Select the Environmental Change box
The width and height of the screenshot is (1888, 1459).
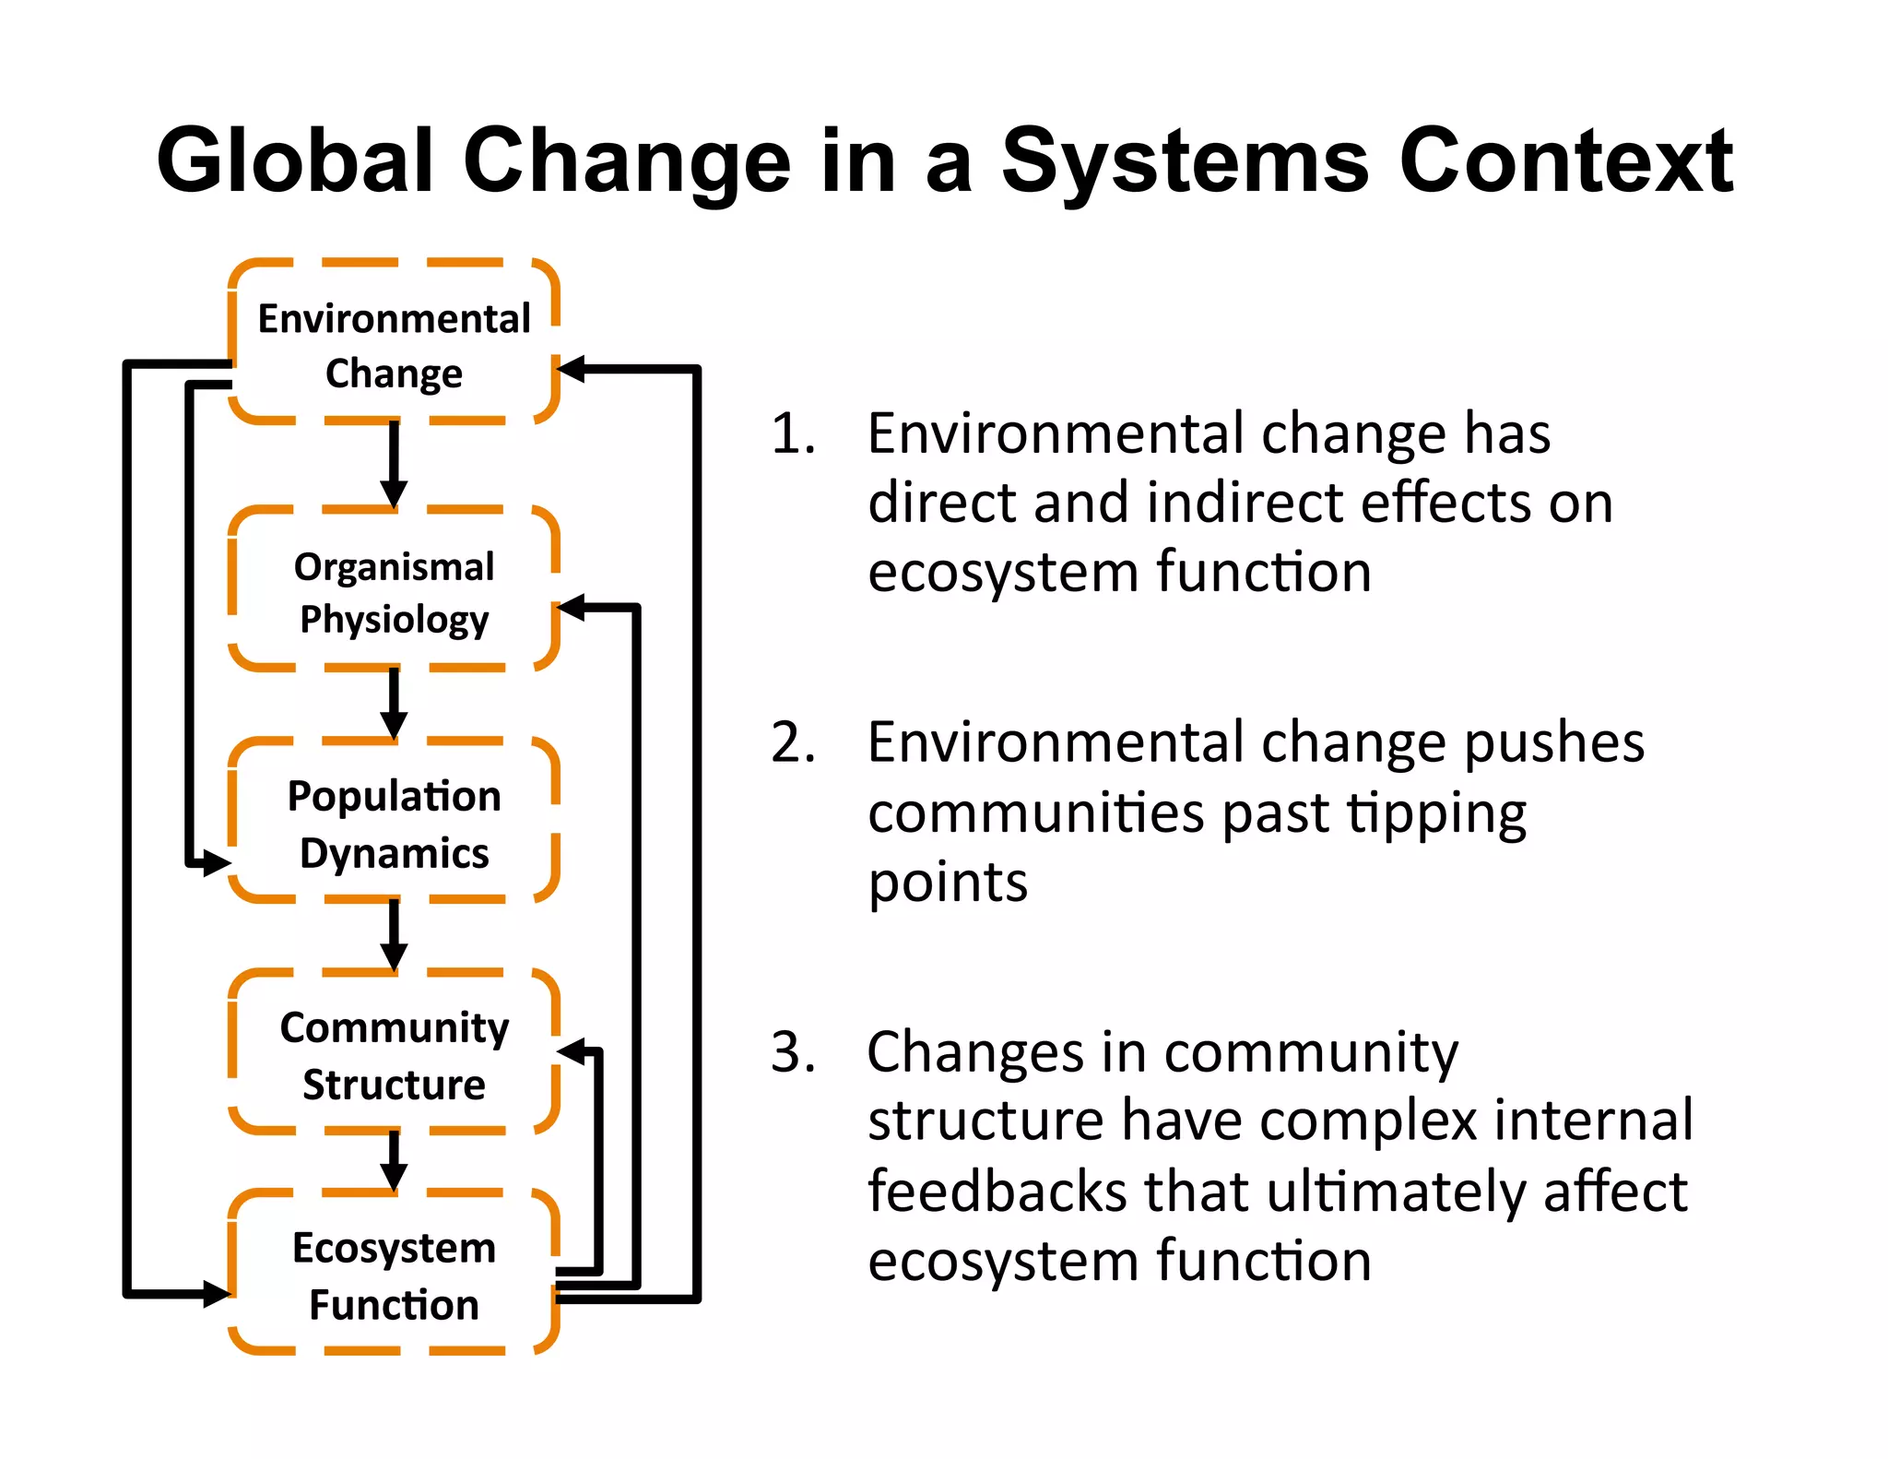[x=394, y=343]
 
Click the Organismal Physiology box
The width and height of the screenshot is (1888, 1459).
[x=394, y=590]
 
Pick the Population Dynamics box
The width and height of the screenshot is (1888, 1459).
[x=394, y=822]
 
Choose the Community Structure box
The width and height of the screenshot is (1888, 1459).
[x=394, y=1053]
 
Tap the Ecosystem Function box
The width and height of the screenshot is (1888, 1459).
[x=394, y=1274]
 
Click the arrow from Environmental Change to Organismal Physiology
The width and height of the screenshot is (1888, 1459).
[x=394, y=464]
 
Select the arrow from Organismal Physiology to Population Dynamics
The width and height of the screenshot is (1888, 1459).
[x=394, y=703]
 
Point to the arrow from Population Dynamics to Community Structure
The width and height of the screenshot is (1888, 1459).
[x=394, y=934]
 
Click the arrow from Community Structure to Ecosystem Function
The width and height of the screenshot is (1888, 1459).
[x=394, y=1160]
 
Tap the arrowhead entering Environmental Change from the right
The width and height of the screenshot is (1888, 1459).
[x=572, y=370]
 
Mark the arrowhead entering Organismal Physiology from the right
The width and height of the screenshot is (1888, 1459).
[x=572, y=608]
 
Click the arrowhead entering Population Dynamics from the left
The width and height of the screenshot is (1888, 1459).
[x=217, y=863]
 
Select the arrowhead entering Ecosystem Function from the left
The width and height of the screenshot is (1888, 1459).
[x=217, y=1293]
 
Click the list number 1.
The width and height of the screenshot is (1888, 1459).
[x=792, y=433]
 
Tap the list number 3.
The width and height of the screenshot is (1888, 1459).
[x=792, y=1051]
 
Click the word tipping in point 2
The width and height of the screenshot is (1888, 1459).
[x=1436, y=814]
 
